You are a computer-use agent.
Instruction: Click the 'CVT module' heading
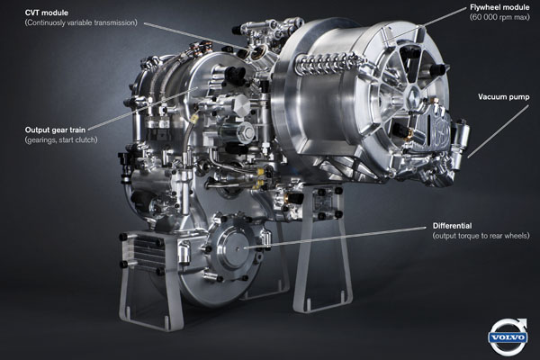pos(47,13)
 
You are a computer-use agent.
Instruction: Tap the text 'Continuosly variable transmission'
pos(81,22)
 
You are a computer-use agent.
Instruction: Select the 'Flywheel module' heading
pos(499,7)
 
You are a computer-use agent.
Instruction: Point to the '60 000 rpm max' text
pos(499,17)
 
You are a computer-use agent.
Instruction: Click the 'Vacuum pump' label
pos(503,97)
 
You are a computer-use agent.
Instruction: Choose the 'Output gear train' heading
pos(55,130)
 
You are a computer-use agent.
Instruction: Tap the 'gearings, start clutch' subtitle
pos(61,139)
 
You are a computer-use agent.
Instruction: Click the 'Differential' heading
pos(452,226)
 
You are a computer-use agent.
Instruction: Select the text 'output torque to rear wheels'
pos(481,236)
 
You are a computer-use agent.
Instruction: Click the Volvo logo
pos(508,337)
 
